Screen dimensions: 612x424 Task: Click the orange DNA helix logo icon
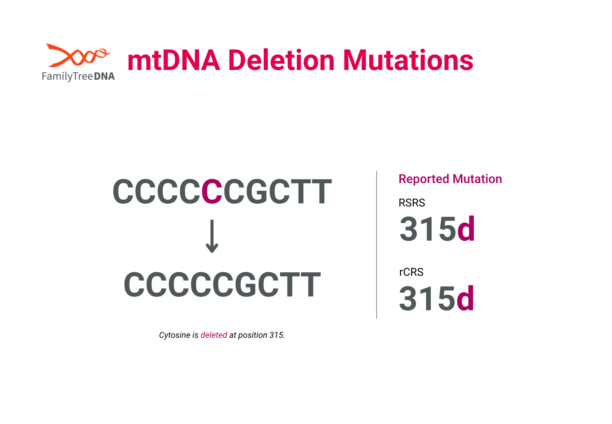78,55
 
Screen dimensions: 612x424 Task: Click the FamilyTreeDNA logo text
78,76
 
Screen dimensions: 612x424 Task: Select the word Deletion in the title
281,60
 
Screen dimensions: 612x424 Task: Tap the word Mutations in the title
408,60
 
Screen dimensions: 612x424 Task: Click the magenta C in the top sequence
212,192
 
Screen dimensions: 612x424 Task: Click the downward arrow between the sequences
212,236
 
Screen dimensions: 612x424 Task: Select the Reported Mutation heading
450,179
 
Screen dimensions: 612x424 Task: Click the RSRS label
412,203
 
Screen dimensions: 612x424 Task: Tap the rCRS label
411,272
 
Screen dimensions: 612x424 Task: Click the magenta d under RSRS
466,228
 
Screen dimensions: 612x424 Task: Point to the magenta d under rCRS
465,298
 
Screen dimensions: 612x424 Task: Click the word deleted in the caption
214,335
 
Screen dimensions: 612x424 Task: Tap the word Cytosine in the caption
175,335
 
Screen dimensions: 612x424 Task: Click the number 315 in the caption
276,335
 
